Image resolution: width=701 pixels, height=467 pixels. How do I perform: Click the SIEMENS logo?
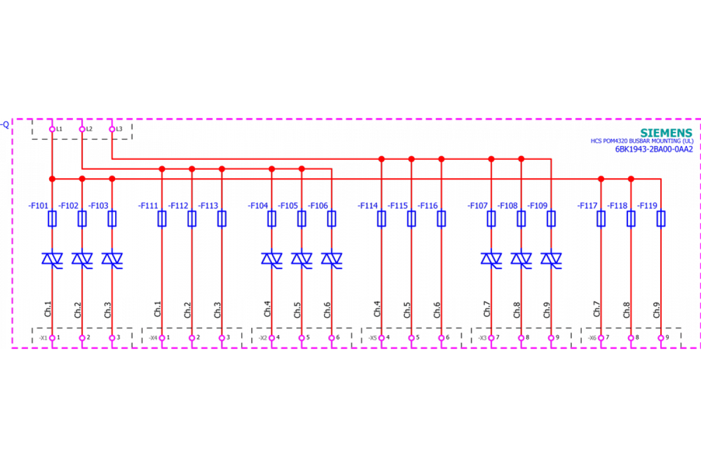667,133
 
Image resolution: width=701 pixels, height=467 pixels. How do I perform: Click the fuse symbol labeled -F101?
52,219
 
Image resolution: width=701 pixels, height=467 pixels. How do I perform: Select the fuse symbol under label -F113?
221,219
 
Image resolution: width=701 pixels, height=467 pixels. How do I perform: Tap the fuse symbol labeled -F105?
301,219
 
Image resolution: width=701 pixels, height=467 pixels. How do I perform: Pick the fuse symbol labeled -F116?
441,219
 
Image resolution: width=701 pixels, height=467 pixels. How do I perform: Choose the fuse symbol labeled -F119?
661,219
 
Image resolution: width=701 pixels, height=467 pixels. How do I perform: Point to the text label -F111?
148,205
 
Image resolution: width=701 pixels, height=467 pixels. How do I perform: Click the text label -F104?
258,205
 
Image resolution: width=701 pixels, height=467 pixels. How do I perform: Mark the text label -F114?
367,205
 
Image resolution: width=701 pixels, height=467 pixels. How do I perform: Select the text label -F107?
477,205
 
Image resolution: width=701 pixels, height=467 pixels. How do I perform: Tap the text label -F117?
587,205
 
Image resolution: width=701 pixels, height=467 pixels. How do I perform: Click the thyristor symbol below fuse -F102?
82,259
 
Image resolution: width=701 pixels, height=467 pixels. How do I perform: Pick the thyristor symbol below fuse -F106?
331,259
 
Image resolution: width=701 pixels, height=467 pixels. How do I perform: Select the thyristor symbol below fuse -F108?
521,259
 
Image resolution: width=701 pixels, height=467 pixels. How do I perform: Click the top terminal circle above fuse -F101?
52,129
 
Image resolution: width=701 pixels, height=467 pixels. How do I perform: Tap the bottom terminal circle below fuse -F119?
661,338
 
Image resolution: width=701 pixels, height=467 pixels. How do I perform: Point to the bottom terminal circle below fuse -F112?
192,338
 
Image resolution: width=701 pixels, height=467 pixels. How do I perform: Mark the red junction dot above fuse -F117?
601,179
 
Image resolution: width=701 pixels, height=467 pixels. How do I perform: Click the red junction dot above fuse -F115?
411,159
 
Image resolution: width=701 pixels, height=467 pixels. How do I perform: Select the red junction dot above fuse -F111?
162,169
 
